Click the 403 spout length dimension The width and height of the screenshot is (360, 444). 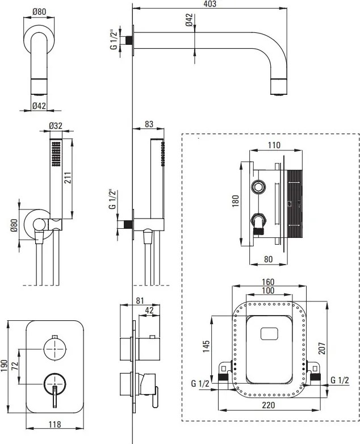click(x=209, y=5)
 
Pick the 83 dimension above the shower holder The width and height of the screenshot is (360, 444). click(x=150, y=124)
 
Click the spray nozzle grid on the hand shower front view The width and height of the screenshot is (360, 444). click(x=56, y=153)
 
